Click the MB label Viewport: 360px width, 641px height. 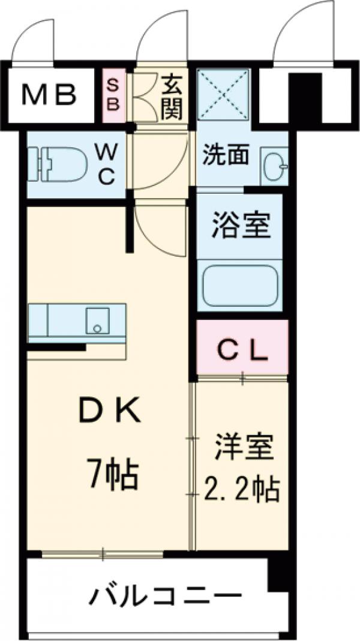click(49, 94)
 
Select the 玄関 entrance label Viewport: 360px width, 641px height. click(172, 96)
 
